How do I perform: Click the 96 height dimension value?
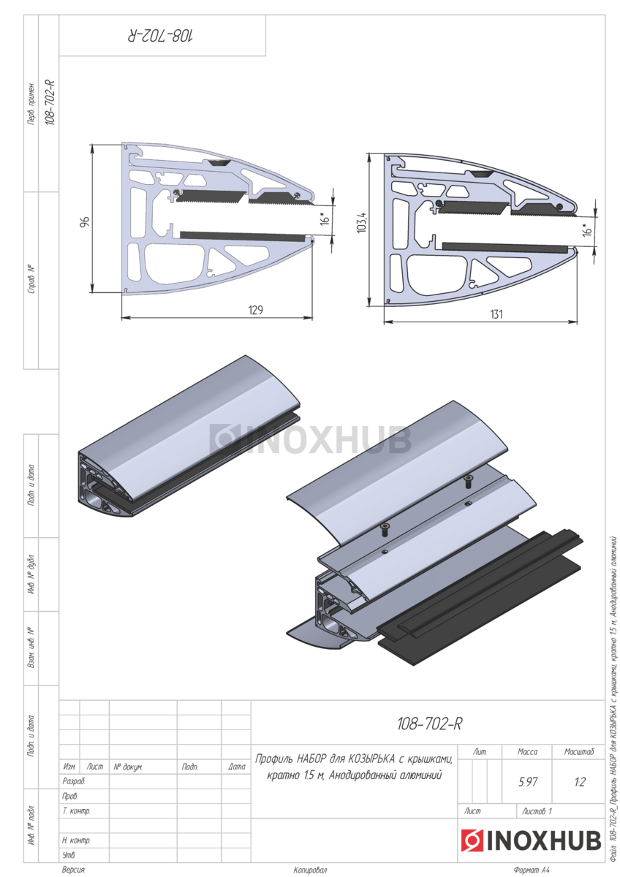86,221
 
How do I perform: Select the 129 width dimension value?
256,310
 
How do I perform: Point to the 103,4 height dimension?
361,222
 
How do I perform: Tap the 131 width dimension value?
496,314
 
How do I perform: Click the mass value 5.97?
528,782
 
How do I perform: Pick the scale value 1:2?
580,782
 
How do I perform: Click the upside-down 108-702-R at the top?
161,36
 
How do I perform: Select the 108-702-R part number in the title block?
429,724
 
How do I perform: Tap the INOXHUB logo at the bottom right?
531,840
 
